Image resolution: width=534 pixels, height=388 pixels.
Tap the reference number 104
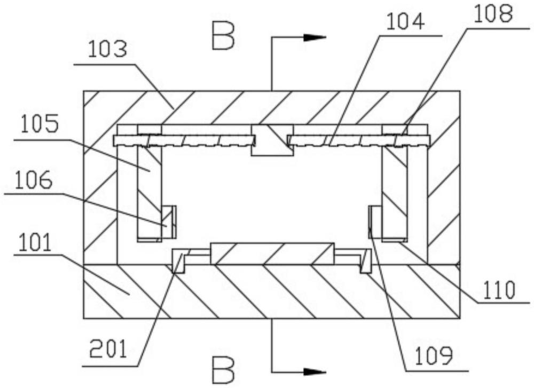(406, 22)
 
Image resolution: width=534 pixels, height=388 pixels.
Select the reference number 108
(490, 15)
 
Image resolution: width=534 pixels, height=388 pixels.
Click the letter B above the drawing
(223, 36)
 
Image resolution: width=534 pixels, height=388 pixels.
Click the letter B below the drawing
(223, 370)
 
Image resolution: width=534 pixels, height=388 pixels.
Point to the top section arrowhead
(316, 37)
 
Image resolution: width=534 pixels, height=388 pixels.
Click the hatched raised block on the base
(272, 254)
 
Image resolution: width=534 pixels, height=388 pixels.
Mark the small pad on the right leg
(375, 222)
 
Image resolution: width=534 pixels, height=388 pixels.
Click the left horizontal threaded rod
(184, 140)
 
